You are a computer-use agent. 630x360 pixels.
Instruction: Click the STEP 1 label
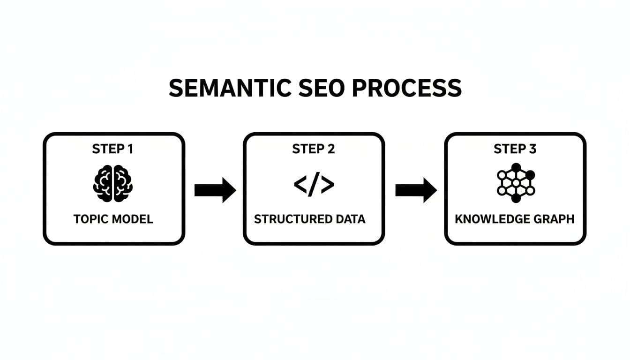pyautogui.click(x=112, y=149)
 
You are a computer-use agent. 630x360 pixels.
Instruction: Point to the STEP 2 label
pyautogui.click(x=314, y=149)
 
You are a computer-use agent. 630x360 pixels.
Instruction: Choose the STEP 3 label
pyautogui.click(x=515, y=149)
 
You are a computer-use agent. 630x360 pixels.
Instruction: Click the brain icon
pyautogui.click(x=113, y=183)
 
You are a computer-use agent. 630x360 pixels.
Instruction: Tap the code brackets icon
pyautogui.click(x=314, y=184)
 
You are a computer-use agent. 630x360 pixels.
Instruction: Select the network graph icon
pyautogui.click(x=516, y=183)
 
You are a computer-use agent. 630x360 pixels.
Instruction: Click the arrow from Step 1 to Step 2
pyautogui.click(x=215, y=190)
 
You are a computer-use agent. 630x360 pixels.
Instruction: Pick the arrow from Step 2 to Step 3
pyautogui.click(x=416, y=190)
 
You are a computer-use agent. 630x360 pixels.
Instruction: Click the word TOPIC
pyautogui.click(x=91, y=219)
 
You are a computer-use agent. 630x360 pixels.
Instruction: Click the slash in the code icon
pyautogui.click(x=314, y=184)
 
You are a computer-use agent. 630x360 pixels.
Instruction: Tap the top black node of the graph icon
pyautogui.click(x=516, y=167)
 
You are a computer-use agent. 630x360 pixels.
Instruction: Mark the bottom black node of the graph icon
pyautogui.click(x=516, y=199)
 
